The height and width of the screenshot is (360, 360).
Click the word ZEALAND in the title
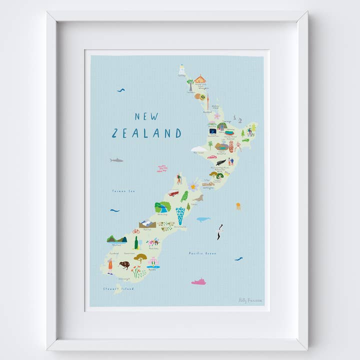click(146, 133)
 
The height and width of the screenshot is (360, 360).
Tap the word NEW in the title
click(146, 116)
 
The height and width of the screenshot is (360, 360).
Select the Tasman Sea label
click(123, 191)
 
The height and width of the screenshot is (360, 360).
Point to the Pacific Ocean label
click(202, 253)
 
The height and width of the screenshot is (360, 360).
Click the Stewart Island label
click(118, 288)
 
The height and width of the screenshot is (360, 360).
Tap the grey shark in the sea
click(116, 160)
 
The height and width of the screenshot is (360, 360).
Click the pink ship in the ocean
click(198, 281)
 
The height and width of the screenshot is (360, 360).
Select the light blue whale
click(202, 219)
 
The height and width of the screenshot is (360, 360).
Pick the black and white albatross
click(219, 231)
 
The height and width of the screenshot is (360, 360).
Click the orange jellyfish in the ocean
click(238, 205)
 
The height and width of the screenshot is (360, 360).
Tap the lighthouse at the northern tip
click(182, 69)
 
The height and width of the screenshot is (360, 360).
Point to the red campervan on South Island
click(173, 193)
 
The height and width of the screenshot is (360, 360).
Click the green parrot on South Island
click(184, 196)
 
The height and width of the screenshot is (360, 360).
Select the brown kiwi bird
click(124, 265)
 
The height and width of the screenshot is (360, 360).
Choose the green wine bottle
click(135, 242)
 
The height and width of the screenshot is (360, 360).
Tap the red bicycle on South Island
click(135, 231)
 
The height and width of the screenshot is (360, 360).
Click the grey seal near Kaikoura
click(199, 198)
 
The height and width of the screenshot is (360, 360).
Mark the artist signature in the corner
click(250, 300)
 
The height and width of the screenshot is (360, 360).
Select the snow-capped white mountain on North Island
click(199, 148)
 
